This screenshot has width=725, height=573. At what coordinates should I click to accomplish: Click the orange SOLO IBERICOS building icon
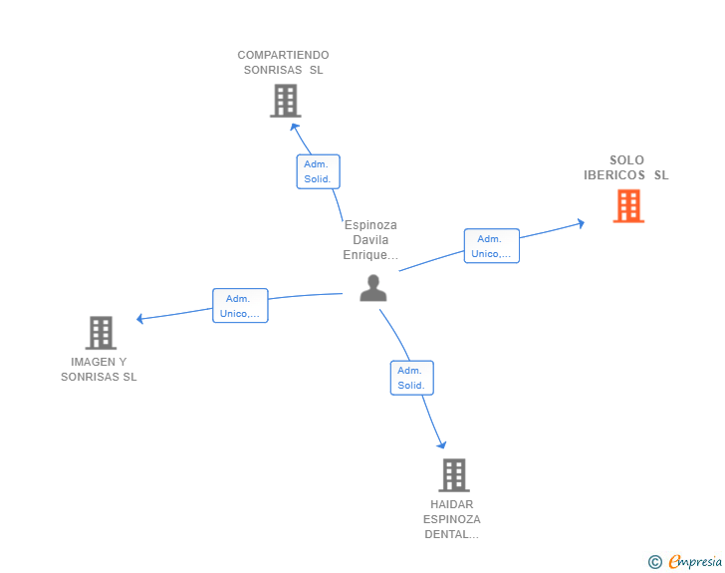tap(628, 206)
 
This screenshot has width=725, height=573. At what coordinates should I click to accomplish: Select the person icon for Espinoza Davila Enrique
tap(373, 288)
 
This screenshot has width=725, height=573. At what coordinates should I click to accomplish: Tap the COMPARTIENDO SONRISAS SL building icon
tap(285, 101)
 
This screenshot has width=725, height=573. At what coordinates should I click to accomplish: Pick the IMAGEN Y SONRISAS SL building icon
tap(101, 332)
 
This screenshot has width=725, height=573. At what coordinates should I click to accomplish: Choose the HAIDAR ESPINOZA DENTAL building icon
tap(454, 475)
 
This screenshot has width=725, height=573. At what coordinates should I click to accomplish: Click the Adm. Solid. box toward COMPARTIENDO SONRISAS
tap(318, 171)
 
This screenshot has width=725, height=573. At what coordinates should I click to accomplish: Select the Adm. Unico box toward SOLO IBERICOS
tap(492, 246)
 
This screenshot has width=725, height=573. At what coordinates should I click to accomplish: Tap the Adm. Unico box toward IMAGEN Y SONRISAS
tap(240, 306)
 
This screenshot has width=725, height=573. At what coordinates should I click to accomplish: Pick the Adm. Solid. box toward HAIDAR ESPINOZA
tap(412, 378)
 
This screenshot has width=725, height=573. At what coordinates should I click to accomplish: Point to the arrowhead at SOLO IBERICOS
tap(582, 223)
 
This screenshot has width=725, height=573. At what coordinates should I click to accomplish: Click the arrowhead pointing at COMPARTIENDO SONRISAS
tap(294, 128)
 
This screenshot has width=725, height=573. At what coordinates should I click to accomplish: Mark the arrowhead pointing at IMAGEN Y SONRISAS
tap(139, 319)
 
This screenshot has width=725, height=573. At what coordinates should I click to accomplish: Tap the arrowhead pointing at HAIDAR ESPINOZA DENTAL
tap(442, 444)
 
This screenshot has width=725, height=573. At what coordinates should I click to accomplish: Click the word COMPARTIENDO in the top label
tap(283, 55)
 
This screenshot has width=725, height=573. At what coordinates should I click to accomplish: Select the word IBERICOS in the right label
tap(614, 175)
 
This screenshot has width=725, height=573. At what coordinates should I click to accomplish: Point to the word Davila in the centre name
tap(370, 240)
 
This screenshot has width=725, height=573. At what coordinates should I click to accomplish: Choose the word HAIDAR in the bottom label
tap(452, 504)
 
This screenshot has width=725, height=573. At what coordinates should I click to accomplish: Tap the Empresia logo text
tap(695, 561)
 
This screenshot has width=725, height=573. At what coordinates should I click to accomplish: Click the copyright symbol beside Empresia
tap(655, 562)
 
